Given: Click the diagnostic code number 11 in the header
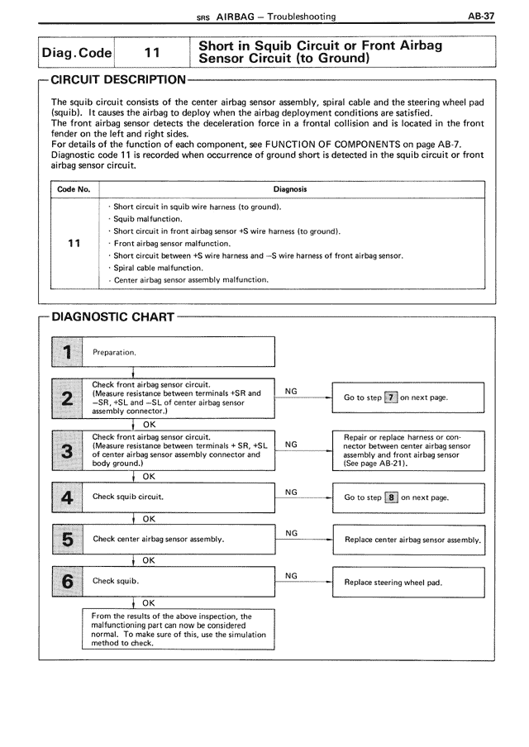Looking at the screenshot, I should pos(151,52).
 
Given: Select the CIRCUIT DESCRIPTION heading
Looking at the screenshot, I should pos(118,80).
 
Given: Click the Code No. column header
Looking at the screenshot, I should pos(74,189).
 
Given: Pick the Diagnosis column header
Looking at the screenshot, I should pos(290,189).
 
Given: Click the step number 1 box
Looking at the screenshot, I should pos(67,351).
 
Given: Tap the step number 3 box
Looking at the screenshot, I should pos(67,451).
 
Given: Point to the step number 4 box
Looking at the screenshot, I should pos(67,497).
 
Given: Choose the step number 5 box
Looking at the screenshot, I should pos(67,539).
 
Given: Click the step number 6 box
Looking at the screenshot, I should pos(67,581).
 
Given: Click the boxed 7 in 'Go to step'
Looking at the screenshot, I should pos(391,397).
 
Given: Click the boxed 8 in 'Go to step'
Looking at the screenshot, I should pos(392,497).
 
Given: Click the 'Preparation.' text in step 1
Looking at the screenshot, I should pos(115,352).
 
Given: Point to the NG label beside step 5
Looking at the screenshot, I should pos(291,533).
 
